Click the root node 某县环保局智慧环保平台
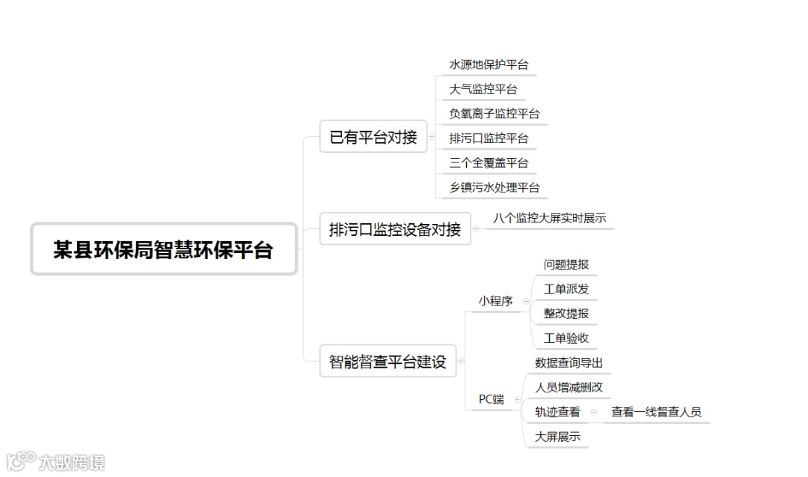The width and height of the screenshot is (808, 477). point(163,249)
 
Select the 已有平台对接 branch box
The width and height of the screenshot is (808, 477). point(373,137)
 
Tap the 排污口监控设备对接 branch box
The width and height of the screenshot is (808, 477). point(395,229)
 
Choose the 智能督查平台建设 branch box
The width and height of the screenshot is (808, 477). point(388,362)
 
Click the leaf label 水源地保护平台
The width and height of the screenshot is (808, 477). point(489,65)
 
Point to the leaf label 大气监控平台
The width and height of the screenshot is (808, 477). point(483,89)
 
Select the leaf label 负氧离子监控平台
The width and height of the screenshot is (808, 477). point(494,114)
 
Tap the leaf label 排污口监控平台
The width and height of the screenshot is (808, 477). point(489,139)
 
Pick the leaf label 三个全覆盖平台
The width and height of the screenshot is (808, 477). point(489,162)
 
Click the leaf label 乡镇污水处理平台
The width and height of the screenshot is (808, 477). point(494,187)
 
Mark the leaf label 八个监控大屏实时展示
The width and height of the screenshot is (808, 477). point(549,219)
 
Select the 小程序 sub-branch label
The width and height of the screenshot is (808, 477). point(495,301)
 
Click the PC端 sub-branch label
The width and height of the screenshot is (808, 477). point(492,399)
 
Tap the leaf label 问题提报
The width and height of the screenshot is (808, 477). point(566,264)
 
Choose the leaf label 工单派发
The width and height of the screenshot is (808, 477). point(566,289)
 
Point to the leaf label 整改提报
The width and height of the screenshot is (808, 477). point(566,314)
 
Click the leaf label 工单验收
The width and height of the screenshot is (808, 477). point(566,338)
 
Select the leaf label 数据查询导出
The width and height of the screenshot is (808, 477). point(569,363)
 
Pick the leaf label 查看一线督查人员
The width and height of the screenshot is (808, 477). point(656,412)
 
